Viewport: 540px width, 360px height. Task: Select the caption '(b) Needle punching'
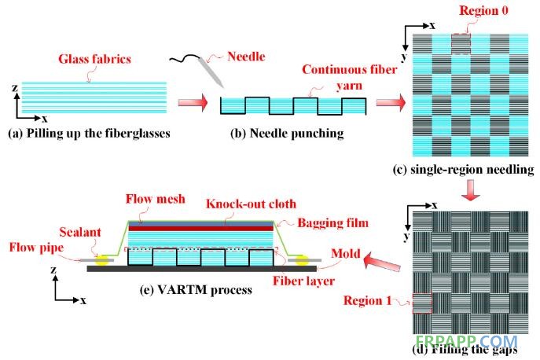click(287, 134)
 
